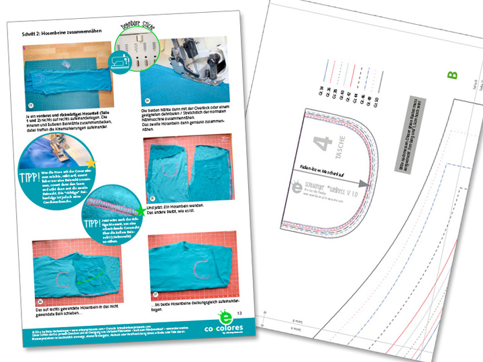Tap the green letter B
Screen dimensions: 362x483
click(451, 76)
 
